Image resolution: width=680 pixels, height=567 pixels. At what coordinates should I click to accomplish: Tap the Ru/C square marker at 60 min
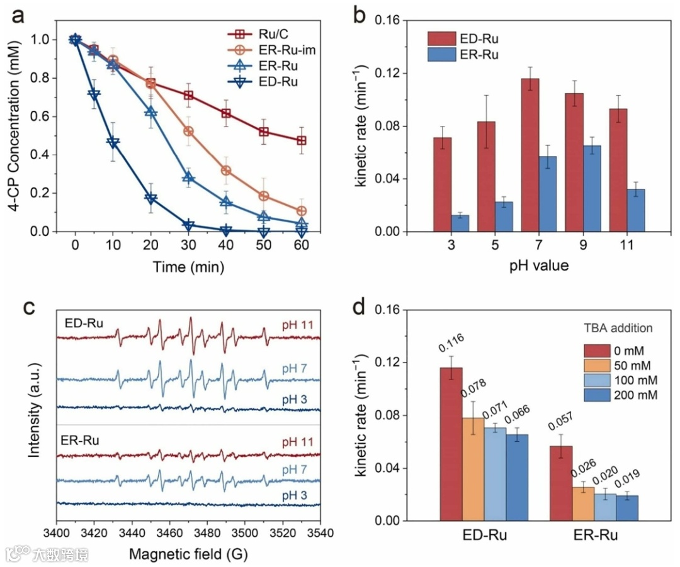pyautogui.click(x=302, y=140)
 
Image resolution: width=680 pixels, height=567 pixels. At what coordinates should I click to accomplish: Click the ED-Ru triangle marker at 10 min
pyautogui.click(x=113, y=143)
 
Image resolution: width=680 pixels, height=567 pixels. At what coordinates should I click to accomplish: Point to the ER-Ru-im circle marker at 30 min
pyautogui.click(x=188, y=131)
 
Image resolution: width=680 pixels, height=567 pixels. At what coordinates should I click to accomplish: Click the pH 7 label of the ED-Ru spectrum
pyautogui.click(x=295, y=367)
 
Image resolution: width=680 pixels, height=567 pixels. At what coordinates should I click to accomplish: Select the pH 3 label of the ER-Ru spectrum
pyautogui.click(x=295, y=495)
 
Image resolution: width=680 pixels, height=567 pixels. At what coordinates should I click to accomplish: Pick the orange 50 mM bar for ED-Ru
pyautogui.click(x=473, y=469)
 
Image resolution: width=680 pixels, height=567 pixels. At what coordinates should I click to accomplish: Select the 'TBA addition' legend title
pyautogui.click(x=617, y=327)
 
